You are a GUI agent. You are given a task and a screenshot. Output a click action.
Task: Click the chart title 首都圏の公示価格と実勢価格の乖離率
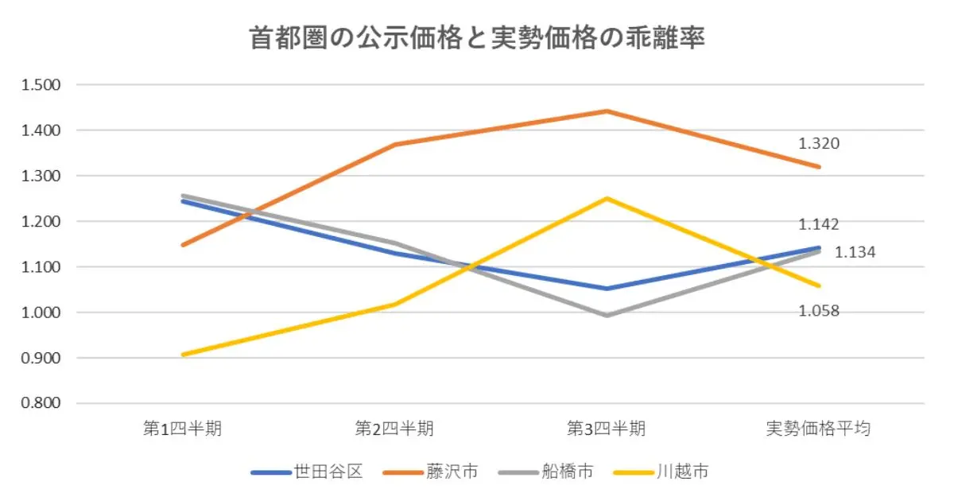(x=477, y=38)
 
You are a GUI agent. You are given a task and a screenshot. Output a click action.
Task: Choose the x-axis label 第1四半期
(x=182, y=429)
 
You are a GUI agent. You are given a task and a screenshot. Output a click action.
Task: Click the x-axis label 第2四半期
(x=394, y=429)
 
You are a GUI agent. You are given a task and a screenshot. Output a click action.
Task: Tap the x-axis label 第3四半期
(x=607, y=429)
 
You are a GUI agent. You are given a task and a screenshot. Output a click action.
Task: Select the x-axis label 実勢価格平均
(x=818, y=429)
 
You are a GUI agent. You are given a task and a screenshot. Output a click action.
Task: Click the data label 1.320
(x=819, y=144)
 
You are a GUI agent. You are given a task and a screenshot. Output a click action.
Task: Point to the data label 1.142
(x=819, y=224)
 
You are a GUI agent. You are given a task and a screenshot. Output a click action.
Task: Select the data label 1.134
(x=855, y=253)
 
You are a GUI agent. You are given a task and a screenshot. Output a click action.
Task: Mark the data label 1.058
(x=819, y=310)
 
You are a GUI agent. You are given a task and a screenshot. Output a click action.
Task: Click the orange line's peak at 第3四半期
(x=607, y=111)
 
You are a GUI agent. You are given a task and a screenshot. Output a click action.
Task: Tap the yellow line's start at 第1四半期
(x=183, y=355)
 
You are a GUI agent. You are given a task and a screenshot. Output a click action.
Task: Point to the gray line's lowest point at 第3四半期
(x=607, y=316)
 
